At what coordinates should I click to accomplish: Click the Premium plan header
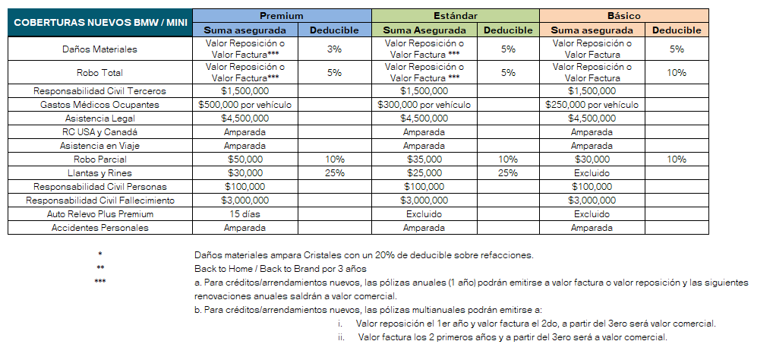pyautogui.click(x=282, y=15)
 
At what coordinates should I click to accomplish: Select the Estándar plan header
pyautogui.click(x=455, y=15)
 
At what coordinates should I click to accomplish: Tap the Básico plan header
pyautogui.click(x=623, y=15)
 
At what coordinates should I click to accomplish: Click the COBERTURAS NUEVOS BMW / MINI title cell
pyautogui.click(x=99, y=23)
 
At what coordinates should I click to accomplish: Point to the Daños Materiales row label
pyautogui.click(x=99, y=49)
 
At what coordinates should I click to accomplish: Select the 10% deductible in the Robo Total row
pyautogui.click(x=677, y=73)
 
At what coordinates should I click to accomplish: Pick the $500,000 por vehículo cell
pyautogui.click(x=245, y=105)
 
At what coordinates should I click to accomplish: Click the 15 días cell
pyautogui.click(x=245, y=215)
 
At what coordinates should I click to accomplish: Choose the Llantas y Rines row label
pyautogui.click(x=99, y=173)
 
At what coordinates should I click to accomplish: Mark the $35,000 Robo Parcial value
pyautogui.click(x=424, y=159)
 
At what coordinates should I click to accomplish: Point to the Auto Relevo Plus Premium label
pyautogui.click(x=99, y=215)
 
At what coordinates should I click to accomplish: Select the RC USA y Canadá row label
pyautogui.click(x=99, y=132)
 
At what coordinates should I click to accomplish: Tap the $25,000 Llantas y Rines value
pyautogui.click(x=424, y=173)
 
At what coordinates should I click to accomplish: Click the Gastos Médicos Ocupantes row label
pyautogui.click(x=99, y=105)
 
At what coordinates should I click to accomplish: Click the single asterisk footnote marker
pyautogui.click(x=99, y=254)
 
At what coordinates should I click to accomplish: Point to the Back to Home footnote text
pyautogui.click(x=280, y=269)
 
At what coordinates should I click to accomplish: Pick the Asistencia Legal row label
pyautogui.click(x=99, y=118)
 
